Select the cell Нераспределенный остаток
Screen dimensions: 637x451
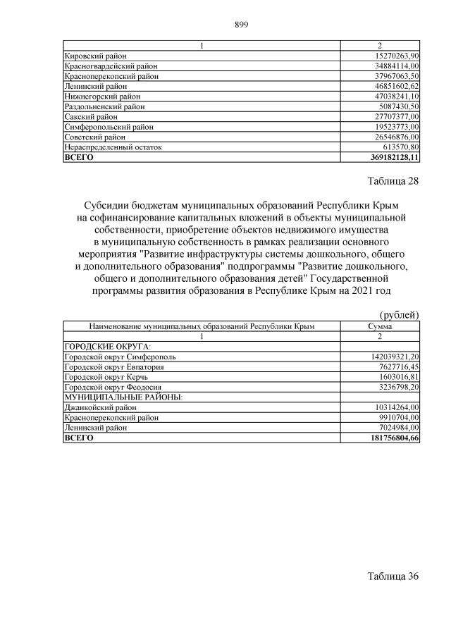[x=113, y=147]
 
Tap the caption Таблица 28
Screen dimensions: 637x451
[x=393, y=181]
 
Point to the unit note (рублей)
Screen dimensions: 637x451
[x=399, y=314]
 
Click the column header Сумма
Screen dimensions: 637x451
[x=380, y=327]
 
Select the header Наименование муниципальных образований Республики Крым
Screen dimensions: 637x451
[x=202, y=327]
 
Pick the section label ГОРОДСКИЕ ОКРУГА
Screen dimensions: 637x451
[x=108, y=347]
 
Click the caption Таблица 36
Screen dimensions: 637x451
[x=393, y=576]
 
